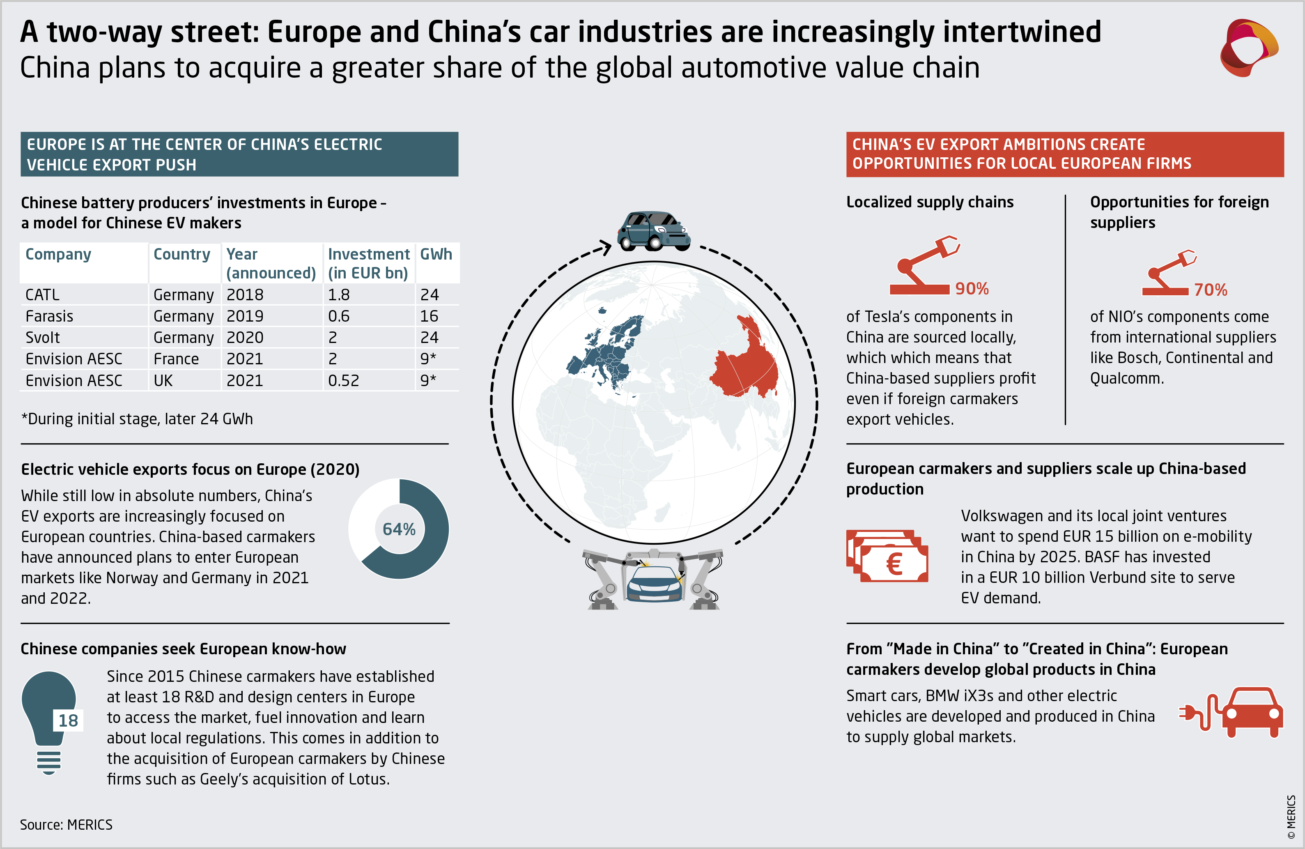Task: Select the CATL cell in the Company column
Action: (x=42, y=295)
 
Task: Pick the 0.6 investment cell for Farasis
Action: (x=338, y=316)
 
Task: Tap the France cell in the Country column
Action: (x=176, y=359)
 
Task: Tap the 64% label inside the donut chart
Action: (x=399, y=529)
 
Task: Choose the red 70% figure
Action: (x=1210, y=290)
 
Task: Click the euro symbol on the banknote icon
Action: (x=894, y=564)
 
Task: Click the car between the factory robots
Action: (x=654, y=584)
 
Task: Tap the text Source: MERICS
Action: (x=67, y=824)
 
